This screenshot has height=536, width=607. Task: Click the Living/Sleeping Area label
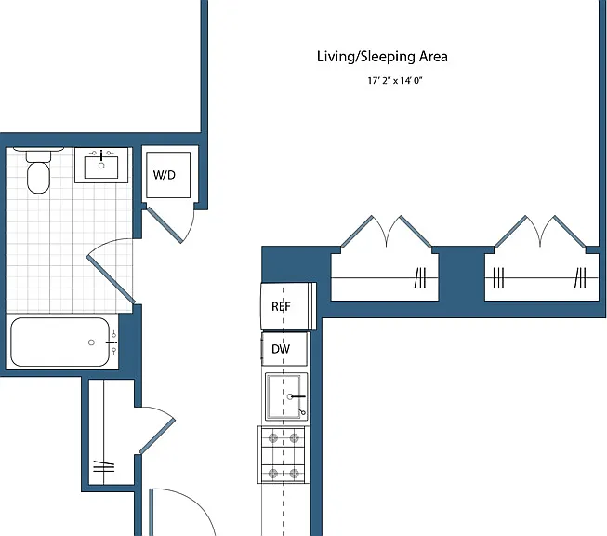[x=382, y=57]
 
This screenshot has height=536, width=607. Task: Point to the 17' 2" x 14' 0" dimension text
[x=394, y=81]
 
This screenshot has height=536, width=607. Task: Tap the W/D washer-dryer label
[x=165, y=175]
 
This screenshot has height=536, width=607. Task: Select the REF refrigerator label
[x=281, y=306]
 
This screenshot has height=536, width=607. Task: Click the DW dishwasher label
[x=281, y=349]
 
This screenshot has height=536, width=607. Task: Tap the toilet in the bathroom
[x=38, y=170]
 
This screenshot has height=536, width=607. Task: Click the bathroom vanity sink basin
[x=101, y=167]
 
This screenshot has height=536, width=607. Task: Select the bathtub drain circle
[x=91, y=342]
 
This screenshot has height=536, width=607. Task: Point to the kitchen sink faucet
[x=297, y=396]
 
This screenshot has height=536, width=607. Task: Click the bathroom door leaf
[x=111, y=279]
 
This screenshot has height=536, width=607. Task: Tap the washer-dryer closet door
[x=165, y=225]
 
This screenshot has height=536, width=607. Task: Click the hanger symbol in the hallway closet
[x=104, y=466]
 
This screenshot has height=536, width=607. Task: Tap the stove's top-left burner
[x=273, y=438]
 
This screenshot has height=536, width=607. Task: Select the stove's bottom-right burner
[x=295, y=474]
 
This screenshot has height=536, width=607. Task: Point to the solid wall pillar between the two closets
[x=461, y=276]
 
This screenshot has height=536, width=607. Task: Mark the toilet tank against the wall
[x=38, y=154]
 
